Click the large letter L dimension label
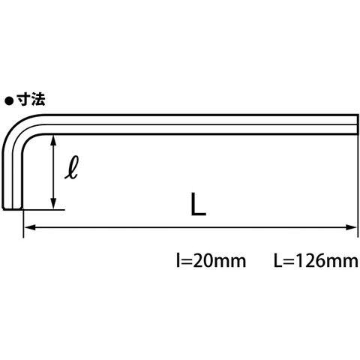point(198,204)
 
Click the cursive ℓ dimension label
point(72,167)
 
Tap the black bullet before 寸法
point(9,101)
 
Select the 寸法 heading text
point(31,100)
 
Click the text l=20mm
point(211,260)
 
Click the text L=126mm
point(316,260)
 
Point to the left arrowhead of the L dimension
point(30,227)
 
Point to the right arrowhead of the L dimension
point(351,227)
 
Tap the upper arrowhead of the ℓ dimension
point(52,141)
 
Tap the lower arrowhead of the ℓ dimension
point(52,202)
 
